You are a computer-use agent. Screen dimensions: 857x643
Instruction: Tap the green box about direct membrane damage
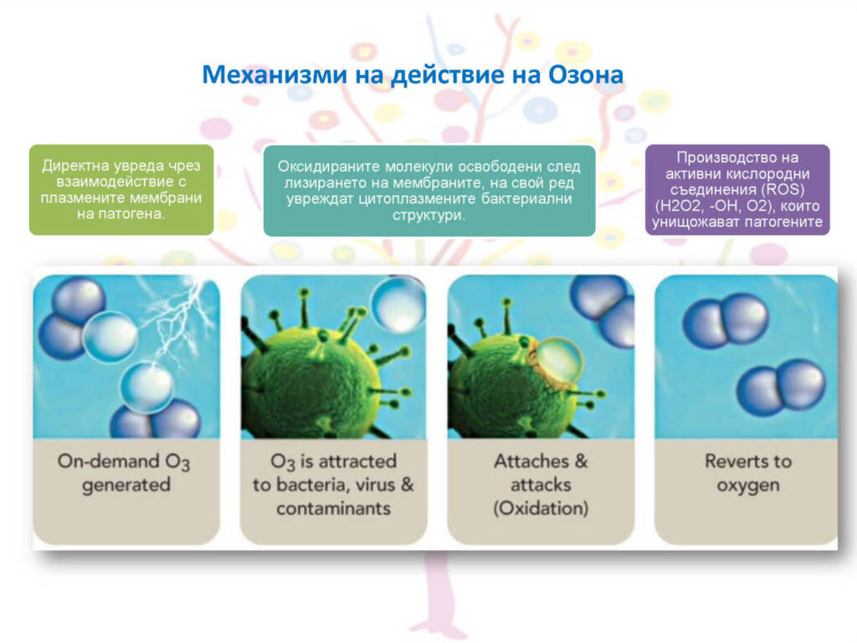pos(121,190)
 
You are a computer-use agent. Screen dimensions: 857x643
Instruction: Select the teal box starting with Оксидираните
pos(429,190)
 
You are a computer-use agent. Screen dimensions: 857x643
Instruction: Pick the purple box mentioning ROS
pos(737,190)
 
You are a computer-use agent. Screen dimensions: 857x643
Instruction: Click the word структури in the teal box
pos(429,215)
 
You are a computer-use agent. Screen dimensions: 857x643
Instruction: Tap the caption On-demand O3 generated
pos(125,473)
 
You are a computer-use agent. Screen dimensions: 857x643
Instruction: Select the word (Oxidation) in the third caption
pos(541,508)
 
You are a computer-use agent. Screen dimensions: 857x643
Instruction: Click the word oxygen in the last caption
pos(747,486)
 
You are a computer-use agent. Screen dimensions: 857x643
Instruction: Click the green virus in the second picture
pos(311,378)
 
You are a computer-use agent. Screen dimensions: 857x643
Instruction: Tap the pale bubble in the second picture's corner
pos(398,304)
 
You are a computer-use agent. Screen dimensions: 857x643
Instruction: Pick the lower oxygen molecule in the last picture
pos(781,387)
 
